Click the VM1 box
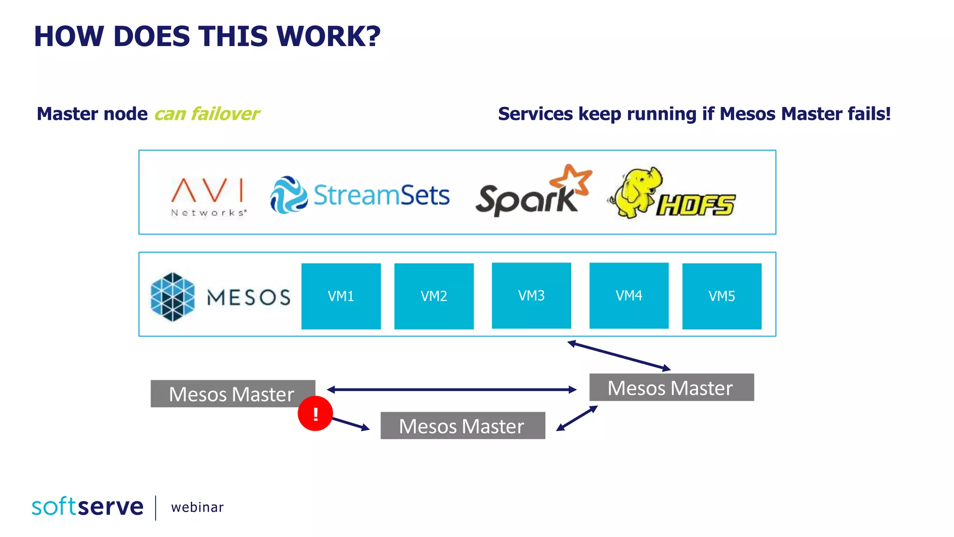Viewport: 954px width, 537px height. [x=341, y=296]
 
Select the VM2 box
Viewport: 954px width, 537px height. [x=434, y=296]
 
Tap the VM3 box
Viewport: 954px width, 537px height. [x=531, y=296]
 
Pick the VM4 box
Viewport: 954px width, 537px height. [x=629, y=296]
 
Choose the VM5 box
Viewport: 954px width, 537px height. [x=722, y=296]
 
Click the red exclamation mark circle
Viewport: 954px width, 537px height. [x=315, y=413]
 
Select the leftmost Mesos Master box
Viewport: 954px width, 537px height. [x=232, y=393]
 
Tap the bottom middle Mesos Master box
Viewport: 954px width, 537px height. [x=462, y=426]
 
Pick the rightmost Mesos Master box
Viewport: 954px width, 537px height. [x=671, y=387]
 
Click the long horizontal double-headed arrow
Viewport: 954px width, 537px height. [x=452, y=389]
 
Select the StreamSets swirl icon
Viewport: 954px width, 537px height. [x=289, y=195]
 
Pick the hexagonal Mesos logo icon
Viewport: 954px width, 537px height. [x=172, y=297]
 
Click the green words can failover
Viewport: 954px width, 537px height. [x=207, y=114]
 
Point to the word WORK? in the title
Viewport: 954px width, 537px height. [x=328, y=36]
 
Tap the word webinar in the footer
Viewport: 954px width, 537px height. [x=198, y=507]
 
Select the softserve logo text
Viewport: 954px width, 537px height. [x=88, y=507]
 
